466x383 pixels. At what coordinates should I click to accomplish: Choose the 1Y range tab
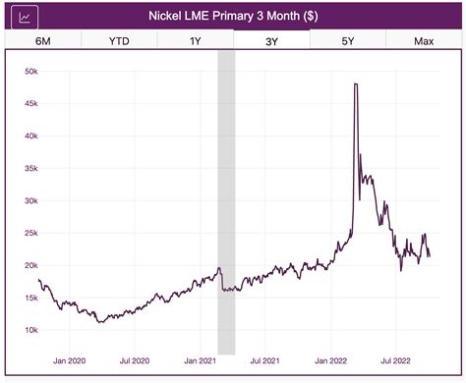point(194,40)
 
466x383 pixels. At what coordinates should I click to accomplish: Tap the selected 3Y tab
point(271,40)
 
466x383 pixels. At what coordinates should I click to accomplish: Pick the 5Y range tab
point(348,40)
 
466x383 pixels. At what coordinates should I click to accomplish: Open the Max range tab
point(425,40)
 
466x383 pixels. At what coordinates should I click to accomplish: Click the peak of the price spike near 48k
point(355,85)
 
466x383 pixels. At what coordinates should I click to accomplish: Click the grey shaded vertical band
point(226,196)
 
